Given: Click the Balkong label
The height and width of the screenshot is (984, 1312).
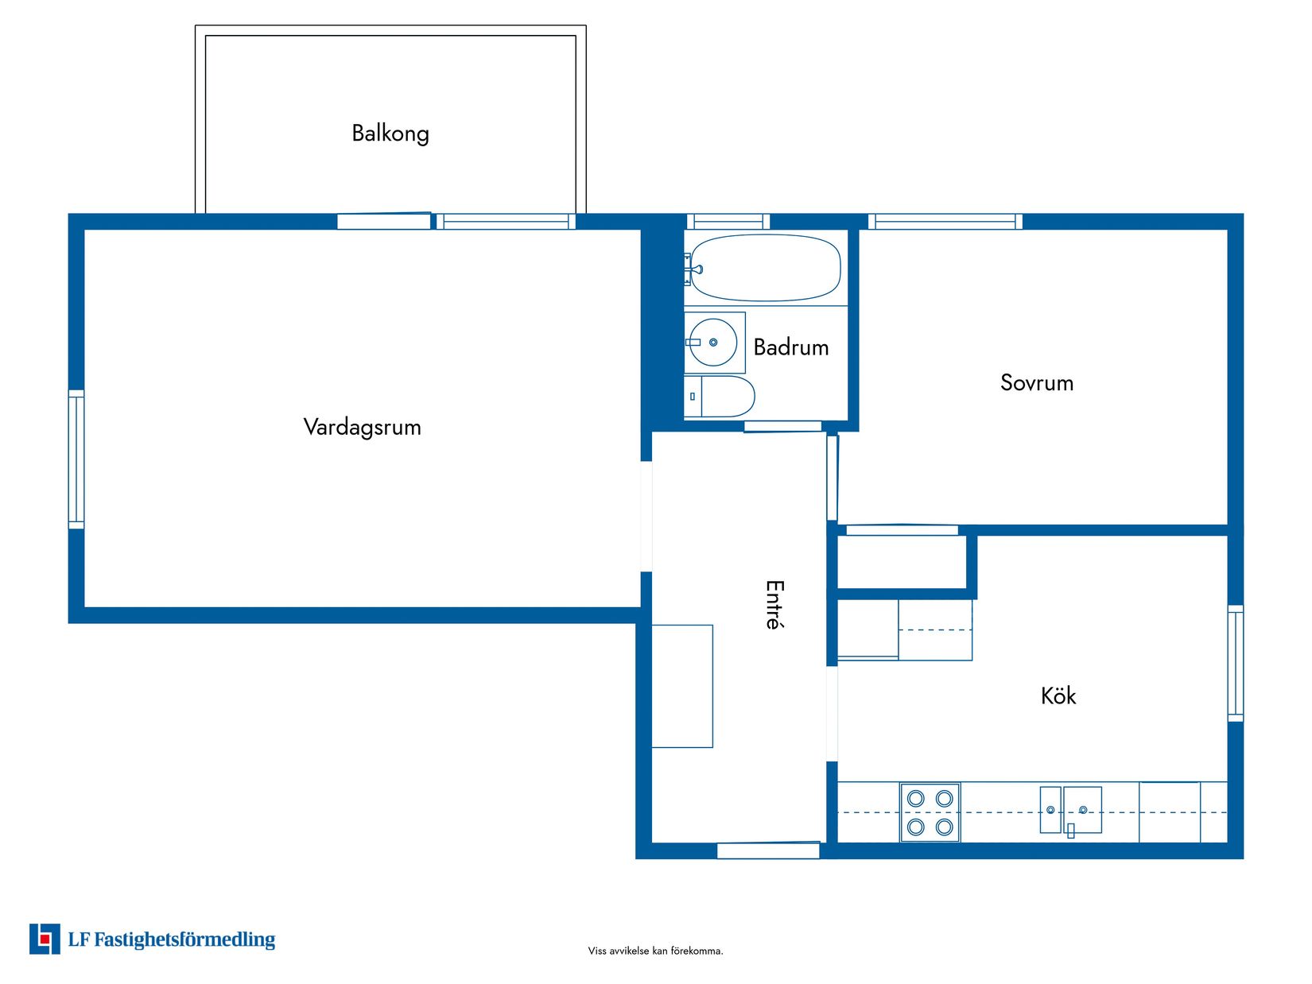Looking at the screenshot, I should coord(390,133).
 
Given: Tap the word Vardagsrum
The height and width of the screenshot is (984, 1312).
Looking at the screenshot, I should coord(362,427).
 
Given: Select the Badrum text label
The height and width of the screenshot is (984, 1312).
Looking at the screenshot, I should coord(790,347).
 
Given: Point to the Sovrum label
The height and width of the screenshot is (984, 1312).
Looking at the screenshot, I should coord(1036,383).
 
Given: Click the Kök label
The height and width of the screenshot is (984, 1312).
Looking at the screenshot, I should coord(1058,696).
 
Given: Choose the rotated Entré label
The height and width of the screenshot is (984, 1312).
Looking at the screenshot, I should coord(774,605).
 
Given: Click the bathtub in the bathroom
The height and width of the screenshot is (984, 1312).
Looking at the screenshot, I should coord(765,268).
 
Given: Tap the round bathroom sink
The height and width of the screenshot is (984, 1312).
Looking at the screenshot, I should coord(713,343).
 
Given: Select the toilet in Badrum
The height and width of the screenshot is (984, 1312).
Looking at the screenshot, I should coord(720,397).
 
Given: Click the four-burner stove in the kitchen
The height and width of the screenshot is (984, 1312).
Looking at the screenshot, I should coord(930,812).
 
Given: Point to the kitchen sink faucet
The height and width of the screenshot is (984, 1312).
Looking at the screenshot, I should coord(1070,830).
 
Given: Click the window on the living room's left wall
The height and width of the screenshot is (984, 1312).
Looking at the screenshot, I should coord(76,459).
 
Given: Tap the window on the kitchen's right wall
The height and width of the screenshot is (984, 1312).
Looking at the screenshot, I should coord(1235,663).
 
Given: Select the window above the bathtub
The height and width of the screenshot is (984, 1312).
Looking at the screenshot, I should coord(728,222).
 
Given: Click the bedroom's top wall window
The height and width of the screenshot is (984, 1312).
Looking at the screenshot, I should coord(945,222).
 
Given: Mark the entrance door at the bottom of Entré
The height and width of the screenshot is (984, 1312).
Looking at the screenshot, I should coord(767,850).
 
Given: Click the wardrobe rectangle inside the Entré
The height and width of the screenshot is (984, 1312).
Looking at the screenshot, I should coord(682,686).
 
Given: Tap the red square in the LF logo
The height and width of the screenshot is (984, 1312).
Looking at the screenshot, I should coord(45,939).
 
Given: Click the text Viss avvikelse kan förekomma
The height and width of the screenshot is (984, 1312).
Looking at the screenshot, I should coord(655,951).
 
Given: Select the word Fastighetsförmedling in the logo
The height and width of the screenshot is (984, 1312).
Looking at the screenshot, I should coord(184,939).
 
